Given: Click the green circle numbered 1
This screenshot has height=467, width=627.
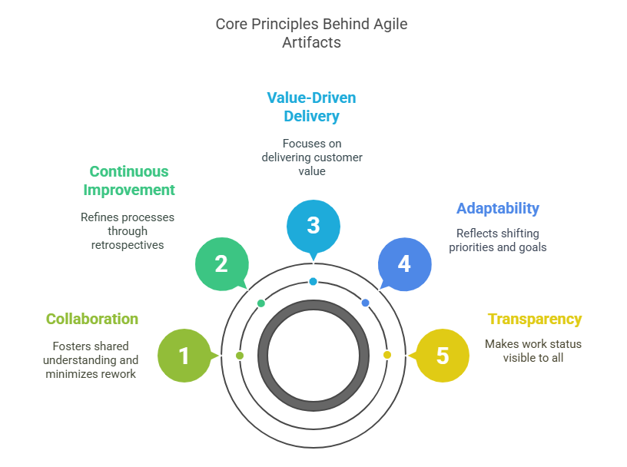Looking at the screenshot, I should point(184,356).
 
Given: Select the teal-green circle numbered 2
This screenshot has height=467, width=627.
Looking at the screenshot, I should point(221,263).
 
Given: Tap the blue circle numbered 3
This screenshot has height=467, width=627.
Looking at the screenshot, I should point(313,225).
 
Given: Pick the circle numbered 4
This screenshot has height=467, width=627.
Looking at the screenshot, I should point(404,263).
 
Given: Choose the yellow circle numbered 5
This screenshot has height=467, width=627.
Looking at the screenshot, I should point(442,356).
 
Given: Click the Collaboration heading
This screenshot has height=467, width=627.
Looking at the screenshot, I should point(92,319).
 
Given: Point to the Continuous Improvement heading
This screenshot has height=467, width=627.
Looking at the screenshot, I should point(129,181).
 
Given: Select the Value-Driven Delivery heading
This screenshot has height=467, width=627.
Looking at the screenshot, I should point(311,107).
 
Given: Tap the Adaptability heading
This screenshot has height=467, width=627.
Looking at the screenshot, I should point(498,208).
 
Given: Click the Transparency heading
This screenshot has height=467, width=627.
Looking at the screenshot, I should point(535,319).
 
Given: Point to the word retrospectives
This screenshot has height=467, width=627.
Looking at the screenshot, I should point(128,244).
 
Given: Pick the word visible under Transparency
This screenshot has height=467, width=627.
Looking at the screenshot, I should point(522,357).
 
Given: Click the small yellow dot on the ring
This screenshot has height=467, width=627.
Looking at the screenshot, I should point(387,355).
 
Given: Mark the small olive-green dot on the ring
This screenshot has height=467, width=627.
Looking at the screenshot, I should point(240,356).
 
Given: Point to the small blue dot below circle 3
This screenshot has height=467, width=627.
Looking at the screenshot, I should point(313,281).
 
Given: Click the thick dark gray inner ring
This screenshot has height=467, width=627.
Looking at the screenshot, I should point(263,355).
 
